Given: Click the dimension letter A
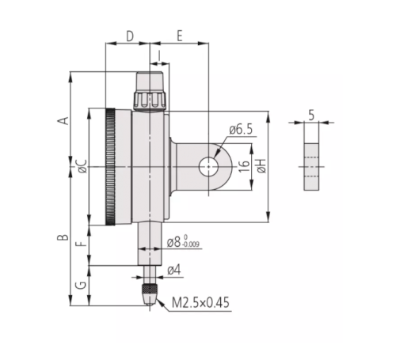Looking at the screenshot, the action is pos(63,120).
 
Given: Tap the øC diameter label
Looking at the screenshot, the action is pos(82,166).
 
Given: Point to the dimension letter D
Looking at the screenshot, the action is pos(130,36).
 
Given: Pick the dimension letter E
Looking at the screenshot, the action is pos(180,36).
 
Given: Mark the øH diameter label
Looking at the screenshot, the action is pos(261,166).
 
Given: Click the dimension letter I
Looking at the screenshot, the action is pos(159,55).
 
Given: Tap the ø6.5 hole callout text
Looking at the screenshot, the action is pos(241,130).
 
